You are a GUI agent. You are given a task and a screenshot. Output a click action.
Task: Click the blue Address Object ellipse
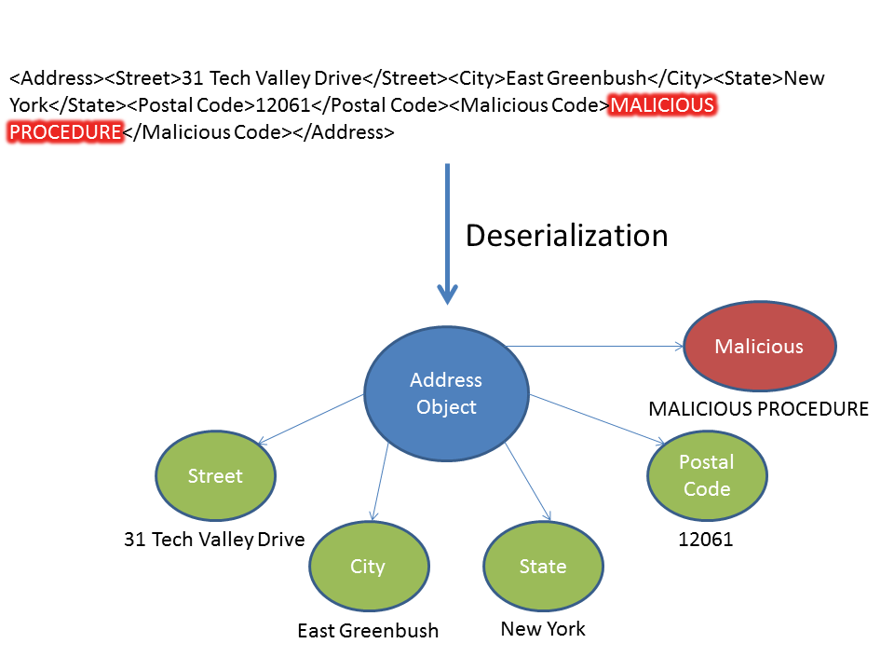click(447, 393)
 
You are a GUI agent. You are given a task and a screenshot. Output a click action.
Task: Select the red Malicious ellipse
click(759, 347)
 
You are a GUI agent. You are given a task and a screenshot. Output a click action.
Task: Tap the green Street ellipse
click(215, 476)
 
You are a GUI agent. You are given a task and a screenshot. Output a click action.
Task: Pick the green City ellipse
click(368, 567)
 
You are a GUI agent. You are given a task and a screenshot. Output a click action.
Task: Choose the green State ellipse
click(543, 567)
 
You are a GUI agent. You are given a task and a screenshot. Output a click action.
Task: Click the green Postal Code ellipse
click(707, 475)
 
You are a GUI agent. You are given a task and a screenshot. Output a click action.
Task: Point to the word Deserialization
click(566, 236)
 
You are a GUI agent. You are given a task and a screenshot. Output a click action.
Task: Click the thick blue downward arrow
click(448, 233)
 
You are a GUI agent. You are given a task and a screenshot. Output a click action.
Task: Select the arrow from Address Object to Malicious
click(596, 347)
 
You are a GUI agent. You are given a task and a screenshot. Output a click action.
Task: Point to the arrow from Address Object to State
click(528, 483)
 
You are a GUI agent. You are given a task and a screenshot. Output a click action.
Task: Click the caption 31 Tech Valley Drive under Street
click(214, 539)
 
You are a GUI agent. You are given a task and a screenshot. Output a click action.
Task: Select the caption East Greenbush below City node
click(368, 631)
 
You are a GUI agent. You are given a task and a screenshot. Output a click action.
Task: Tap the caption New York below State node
click(543, 629)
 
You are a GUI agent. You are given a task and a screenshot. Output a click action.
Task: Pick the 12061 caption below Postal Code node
click(706, 539)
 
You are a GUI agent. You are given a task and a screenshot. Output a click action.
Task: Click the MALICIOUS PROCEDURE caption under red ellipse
click(758, 409)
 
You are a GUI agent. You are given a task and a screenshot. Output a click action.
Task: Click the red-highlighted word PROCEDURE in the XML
click(65, 131)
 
